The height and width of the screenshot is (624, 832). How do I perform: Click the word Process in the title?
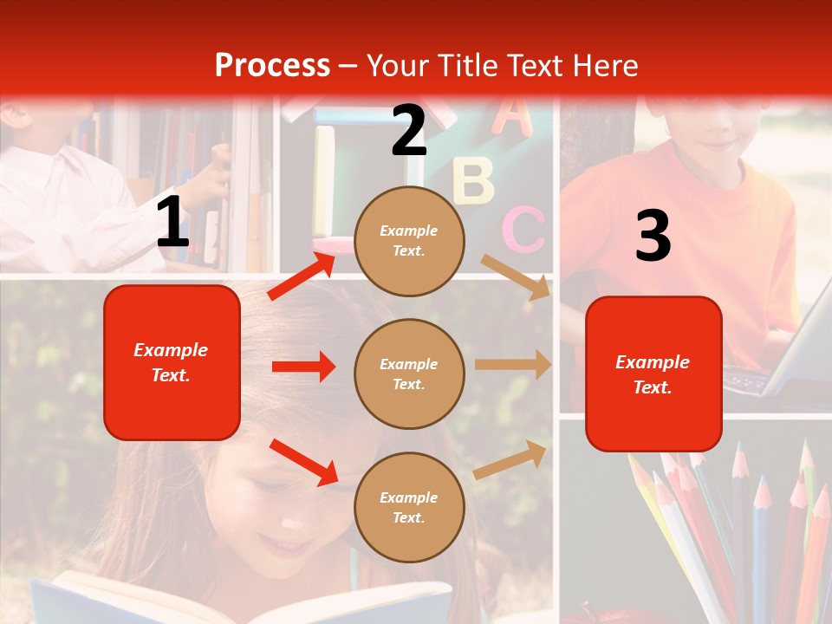(272, 66)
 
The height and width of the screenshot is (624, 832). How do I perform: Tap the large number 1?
(172, 223)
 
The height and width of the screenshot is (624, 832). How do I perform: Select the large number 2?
(409, 131)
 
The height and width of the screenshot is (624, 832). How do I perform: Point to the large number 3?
(653, 237)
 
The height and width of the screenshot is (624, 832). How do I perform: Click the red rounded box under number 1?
(172, 362)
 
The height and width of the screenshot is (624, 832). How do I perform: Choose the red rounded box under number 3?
(653, 374)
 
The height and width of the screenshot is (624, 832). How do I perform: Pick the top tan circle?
(409, 241)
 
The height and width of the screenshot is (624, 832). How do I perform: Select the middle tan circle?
(409, 374)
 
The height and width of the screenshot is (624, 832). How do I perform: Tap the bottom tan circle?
(409, 507)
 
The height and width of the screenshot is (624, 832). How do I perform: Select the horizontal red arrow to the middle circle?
(303, 367)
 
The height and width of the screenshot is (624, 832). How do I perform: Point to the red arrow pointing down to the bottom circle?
(303, 461)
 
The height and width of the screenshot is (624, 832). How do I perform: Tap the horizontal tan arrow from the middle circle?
(512, 365)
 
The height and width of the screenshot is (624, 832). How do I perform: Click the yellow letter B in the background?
(473, 181)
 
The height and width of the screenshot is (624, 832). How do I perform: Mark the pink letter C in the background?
(524, 230)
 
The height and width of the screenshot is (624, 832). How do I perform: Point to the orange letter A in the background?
(513, 118)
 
